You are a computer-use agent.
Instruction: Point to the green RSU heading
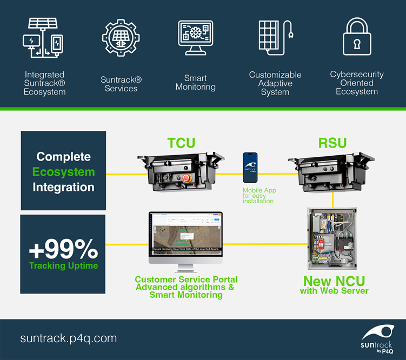331,143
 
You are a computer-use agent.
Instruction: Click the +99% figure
63,249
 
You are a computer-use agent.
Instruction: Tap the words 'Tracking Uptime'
63,265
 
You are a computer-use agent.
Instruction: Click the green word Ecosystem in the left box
63,172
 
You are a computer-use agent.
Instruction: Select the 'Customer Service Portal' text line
186,279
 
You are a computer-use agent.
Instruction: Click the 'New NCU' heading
334,281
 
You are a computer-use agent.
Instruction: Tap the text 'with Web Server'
334,291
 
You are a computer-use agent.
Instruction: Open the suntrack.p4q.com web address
69,339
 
